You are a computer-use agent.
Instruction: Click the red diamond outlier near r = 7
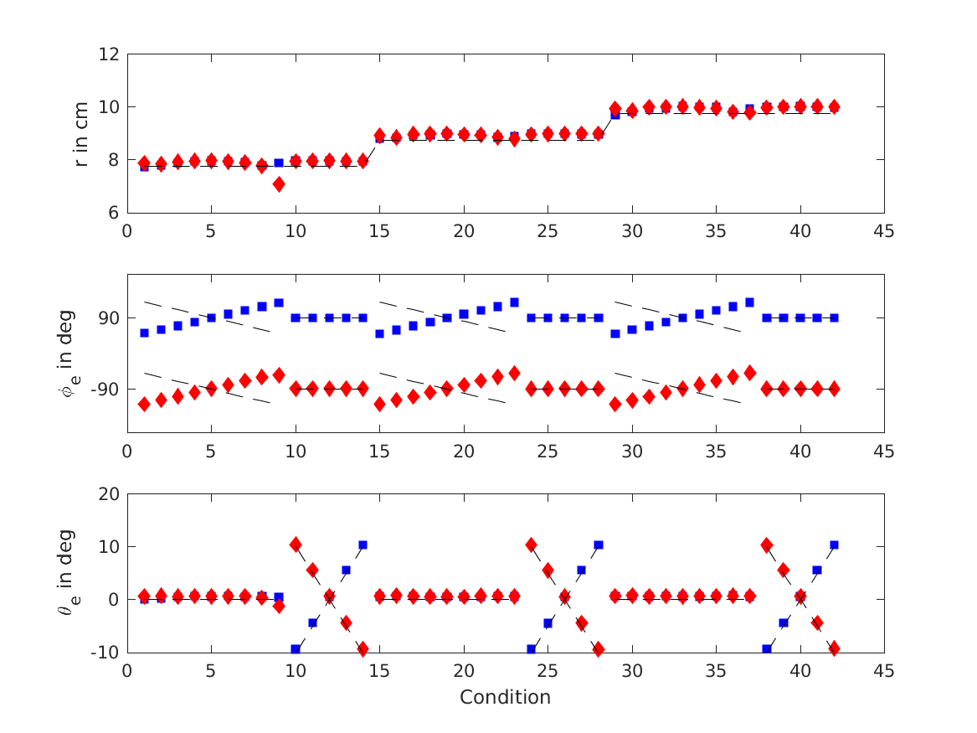[x=279, y=184]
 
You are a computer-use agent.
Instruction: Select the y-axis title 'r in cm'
[x=82, y=132]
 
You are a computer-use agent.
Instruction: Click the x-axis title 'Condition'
[x=505, y=697]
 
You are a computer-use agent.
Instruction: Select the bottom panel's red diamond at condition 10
[x=296, y=545]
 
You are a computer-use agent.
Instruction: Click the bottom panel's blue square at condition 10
[x=296, y=649]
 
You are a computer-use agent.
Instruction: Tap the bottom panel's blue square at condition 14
[x=363, y=545]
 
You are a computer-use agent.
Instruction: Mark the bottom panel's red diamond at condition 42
[x=834, y=648]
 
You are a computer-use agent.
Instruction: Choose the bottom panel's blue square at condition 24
[x=531, y=649]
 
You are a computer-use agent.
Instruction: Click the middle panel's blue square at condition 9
[x=279, y=302]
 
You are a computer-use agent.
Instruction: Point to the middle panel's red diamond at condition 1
[x=144, y=404]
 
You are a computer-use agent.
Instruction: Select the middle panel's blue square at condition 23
[x=514, y=302]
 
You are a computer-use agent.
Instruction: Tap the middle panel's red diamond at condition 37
[x=750, y=372]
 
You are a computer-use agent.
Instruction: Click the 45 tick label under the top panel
[x=884, y=230]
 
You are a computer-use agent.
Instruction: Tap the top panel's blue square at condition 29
[x=615, y=115]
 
